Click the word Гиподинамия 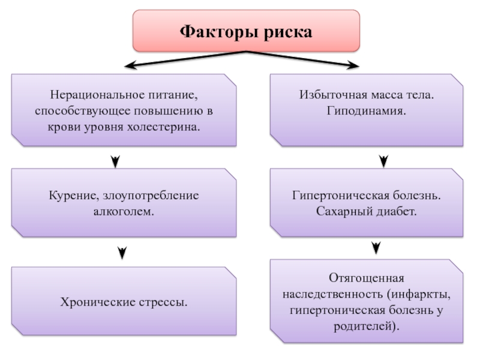pos(366,110)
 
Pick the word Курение pos(74,196)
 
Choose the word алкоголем pos(124,212)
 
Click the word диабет pos(396,211)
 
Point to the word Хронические pos(98,302)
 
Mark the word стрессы pos(163,303)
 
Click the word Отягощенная pos(367,278)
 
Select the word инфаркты pos(422,295)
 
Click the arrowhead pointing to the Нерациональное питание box pos(130,65)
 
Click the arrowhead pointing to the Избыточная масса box pos(353,65)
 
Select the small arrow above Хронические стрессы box pos(122,253)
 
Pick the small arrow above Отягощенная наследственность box pos(376,248)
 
